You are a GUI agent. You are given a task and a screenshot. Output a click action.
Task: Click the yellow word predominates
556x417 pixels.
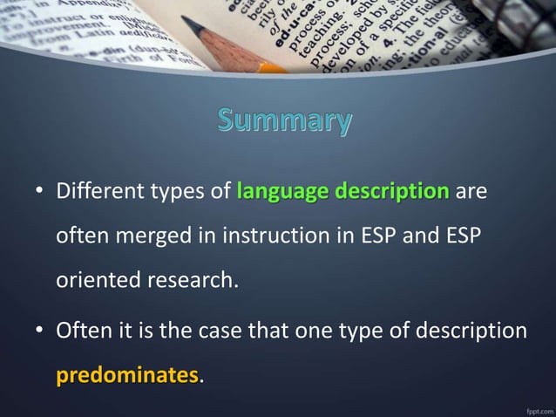(127, 376)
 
